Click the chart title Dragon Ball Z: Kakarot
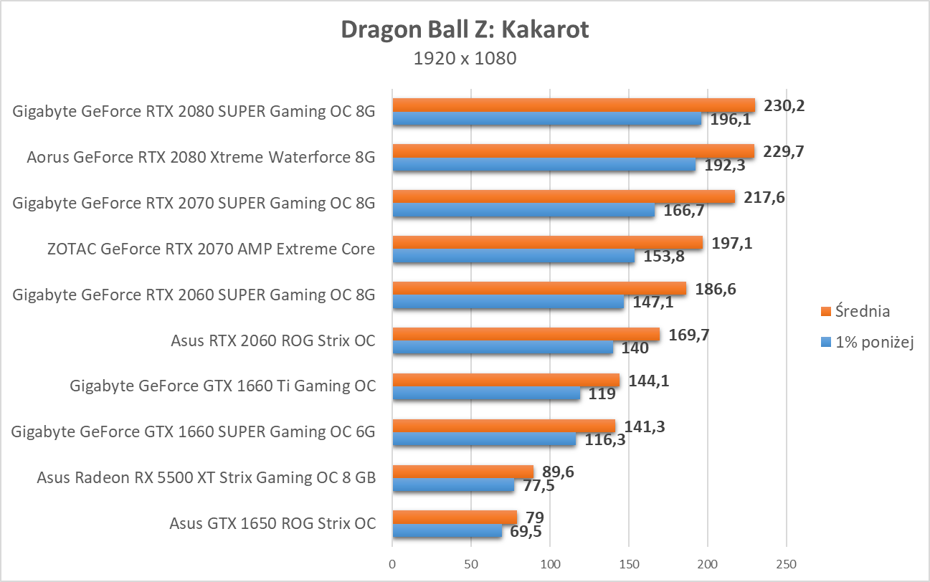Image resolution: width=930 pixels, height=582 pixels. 465,29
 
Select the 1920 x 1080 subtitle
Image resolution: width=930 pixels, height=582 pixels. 465,59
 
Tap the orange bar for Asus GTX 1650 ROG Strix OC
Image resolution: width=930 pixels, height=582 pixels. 455,517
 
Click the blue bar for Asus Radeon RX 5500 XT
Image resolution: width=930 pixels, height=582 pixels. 453,485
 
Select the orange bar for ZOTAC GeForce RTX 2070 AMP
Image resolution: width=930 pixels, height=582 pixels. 547,242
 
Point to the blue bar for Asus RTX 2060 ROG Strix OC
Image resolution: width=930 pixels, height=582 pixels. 503,348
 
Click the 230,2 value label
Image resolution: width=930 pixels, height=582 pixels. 784,105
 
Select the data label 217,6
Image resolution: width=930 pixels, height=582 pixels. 764,197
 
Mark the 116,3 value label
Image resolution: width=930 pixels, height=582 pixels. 606,440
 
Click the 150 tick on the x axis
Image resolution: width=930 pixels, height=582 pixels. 629,564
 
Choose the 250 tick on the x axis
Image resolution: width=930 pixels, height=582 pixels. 787,564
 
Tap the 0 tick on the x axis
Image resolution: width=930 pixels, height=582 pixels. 392,564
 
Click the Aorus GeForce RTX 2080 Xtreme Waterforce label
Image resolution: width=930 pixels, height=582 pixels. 201,158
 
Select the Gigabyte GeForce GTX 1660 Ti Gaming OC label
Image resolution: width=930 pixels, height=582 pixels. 222,386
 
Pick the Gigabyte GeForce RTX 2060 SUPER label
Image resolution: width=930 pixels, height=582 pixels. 194,295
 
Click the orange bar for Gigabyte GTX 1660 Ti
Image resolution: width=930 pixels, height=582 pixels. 506,380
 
